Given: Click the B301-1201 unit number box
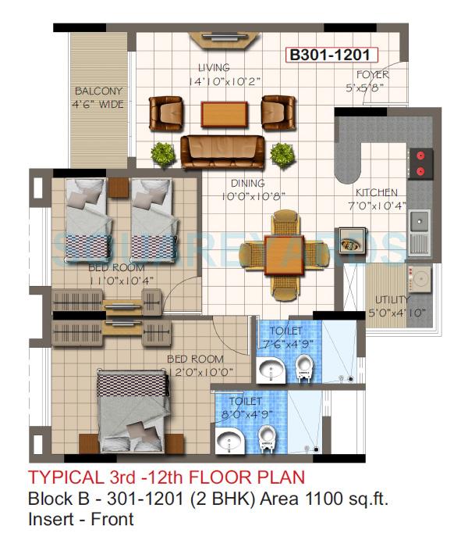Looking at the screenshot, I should (x=333, y=55).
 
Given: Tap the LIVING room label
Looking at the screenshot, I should (x=214, y=68).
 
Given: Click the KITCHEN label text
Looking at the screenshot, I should (x=377, y=192).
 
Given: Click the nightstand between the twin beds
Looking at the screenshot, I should (x=119, y=188).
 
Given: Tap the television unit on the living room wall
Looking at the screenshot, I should (x=219, y=38).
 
